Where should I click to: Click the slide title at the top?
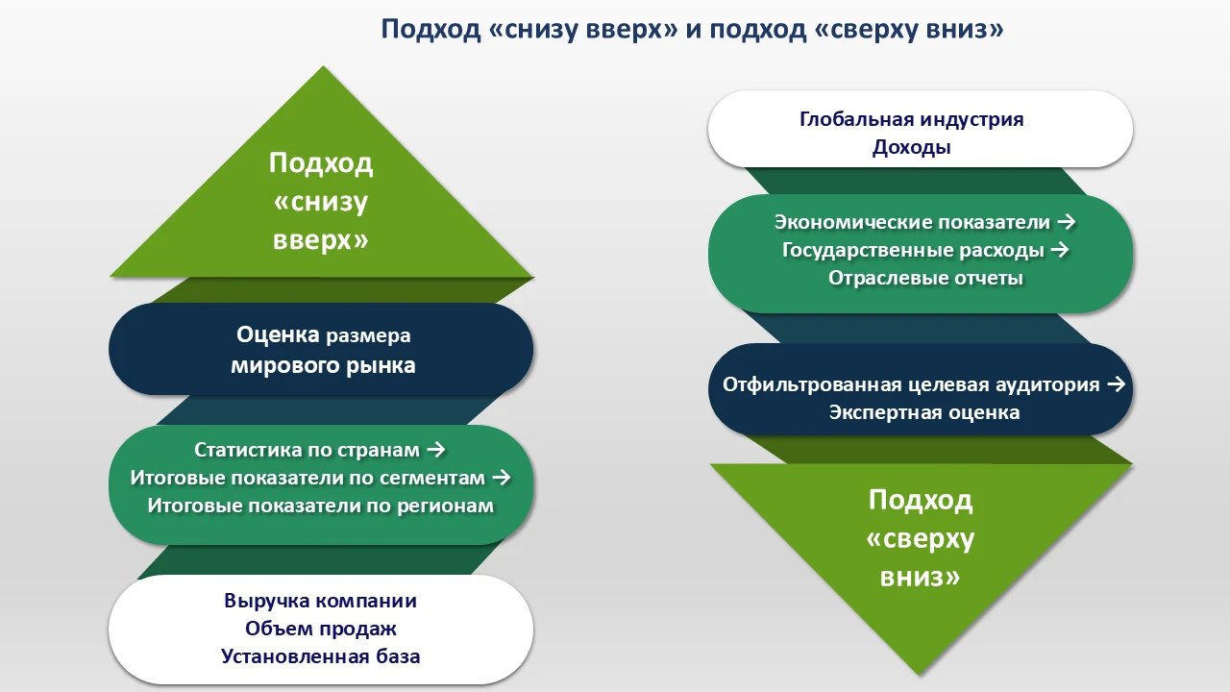pos(692,29)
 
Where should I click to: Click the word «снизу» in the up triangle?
pos(321,202)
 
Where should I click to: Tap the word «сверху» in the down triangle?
pos(921,539)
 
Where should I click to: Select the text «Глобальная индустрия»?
pos(911,119)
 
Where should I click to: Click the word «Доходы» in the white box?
pos(911,148)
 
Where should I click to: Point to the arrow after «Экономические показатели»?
pos(1065,222)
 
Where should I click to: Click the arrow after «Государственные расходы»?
pos(1060,250)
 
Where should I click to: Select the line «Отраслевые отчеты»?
pos(925,278)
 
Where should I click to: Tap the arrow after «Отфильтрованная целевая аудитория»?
pos(1116,384)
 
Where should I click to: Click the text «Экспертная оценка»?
pos(923,412)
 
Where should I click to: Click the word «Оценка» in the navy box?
pos(278,335)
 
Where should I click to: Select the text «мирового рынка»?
pos(323,365)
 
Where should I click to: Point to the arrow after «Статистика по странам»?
pos(434,450)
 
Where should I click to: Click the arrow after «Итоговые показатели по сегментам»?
pos(501,478)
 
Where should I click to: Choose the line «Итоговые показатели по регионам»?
pos(320,506)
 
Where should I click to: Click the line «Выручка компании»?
pos(320,601)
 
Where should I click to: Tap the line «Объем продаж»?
pos(320,629)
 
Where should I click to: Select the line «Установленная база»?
pos(320,657)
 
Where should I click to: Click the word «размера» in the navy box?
pos(368,336)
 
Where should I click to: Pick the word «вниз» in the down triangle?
pos(921,578)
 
